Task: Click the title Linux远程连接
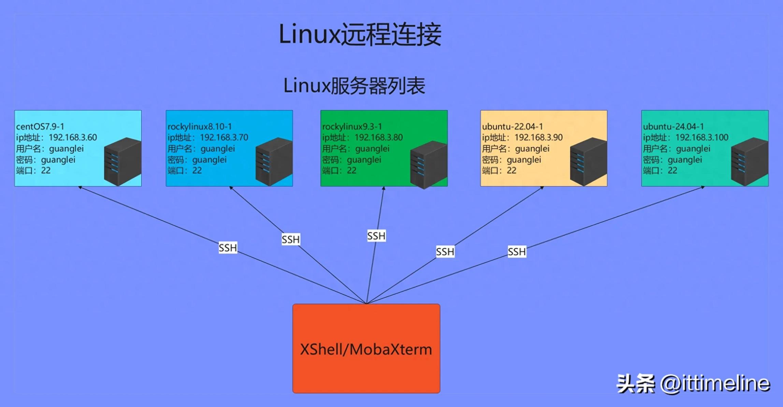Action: (x=360, y=34)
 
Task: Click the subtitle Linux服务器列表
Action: (x=354, y=86)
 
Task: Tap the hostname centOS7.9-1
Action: (x=40, y=127)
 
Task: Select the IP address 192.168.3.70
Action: (x=224, y=137)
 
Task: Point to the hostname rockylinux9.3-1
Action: (x=352, y=127)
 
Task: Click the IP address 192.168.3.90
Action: (x=538, y=137)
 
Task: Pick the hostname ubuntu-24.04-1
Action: (x=673, y=127)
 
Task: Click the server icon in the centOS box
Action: (x=122, y=161)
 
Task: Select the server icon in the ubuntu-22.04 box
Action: (x=588, y=161)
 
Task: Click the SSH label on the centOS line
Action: (x=228, y=248)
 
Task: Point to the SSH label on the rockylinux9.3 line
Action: (x=376, y=236)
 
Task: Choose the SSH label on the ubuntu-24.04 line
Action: (x=517, y=252)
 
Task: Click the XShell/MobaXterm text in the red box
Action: (x=366, y=349)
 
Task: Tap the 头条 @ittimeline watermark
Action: (x=693, y=383)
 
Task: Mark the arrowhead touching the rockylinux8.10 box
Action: (x=231, y=188)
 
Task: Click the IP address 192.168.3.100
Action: (x=702, y=137)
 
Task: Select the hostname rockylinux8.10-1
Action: (x=200, y=127)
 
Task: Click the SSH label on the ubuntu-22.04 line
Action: (x=445, y=252)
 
